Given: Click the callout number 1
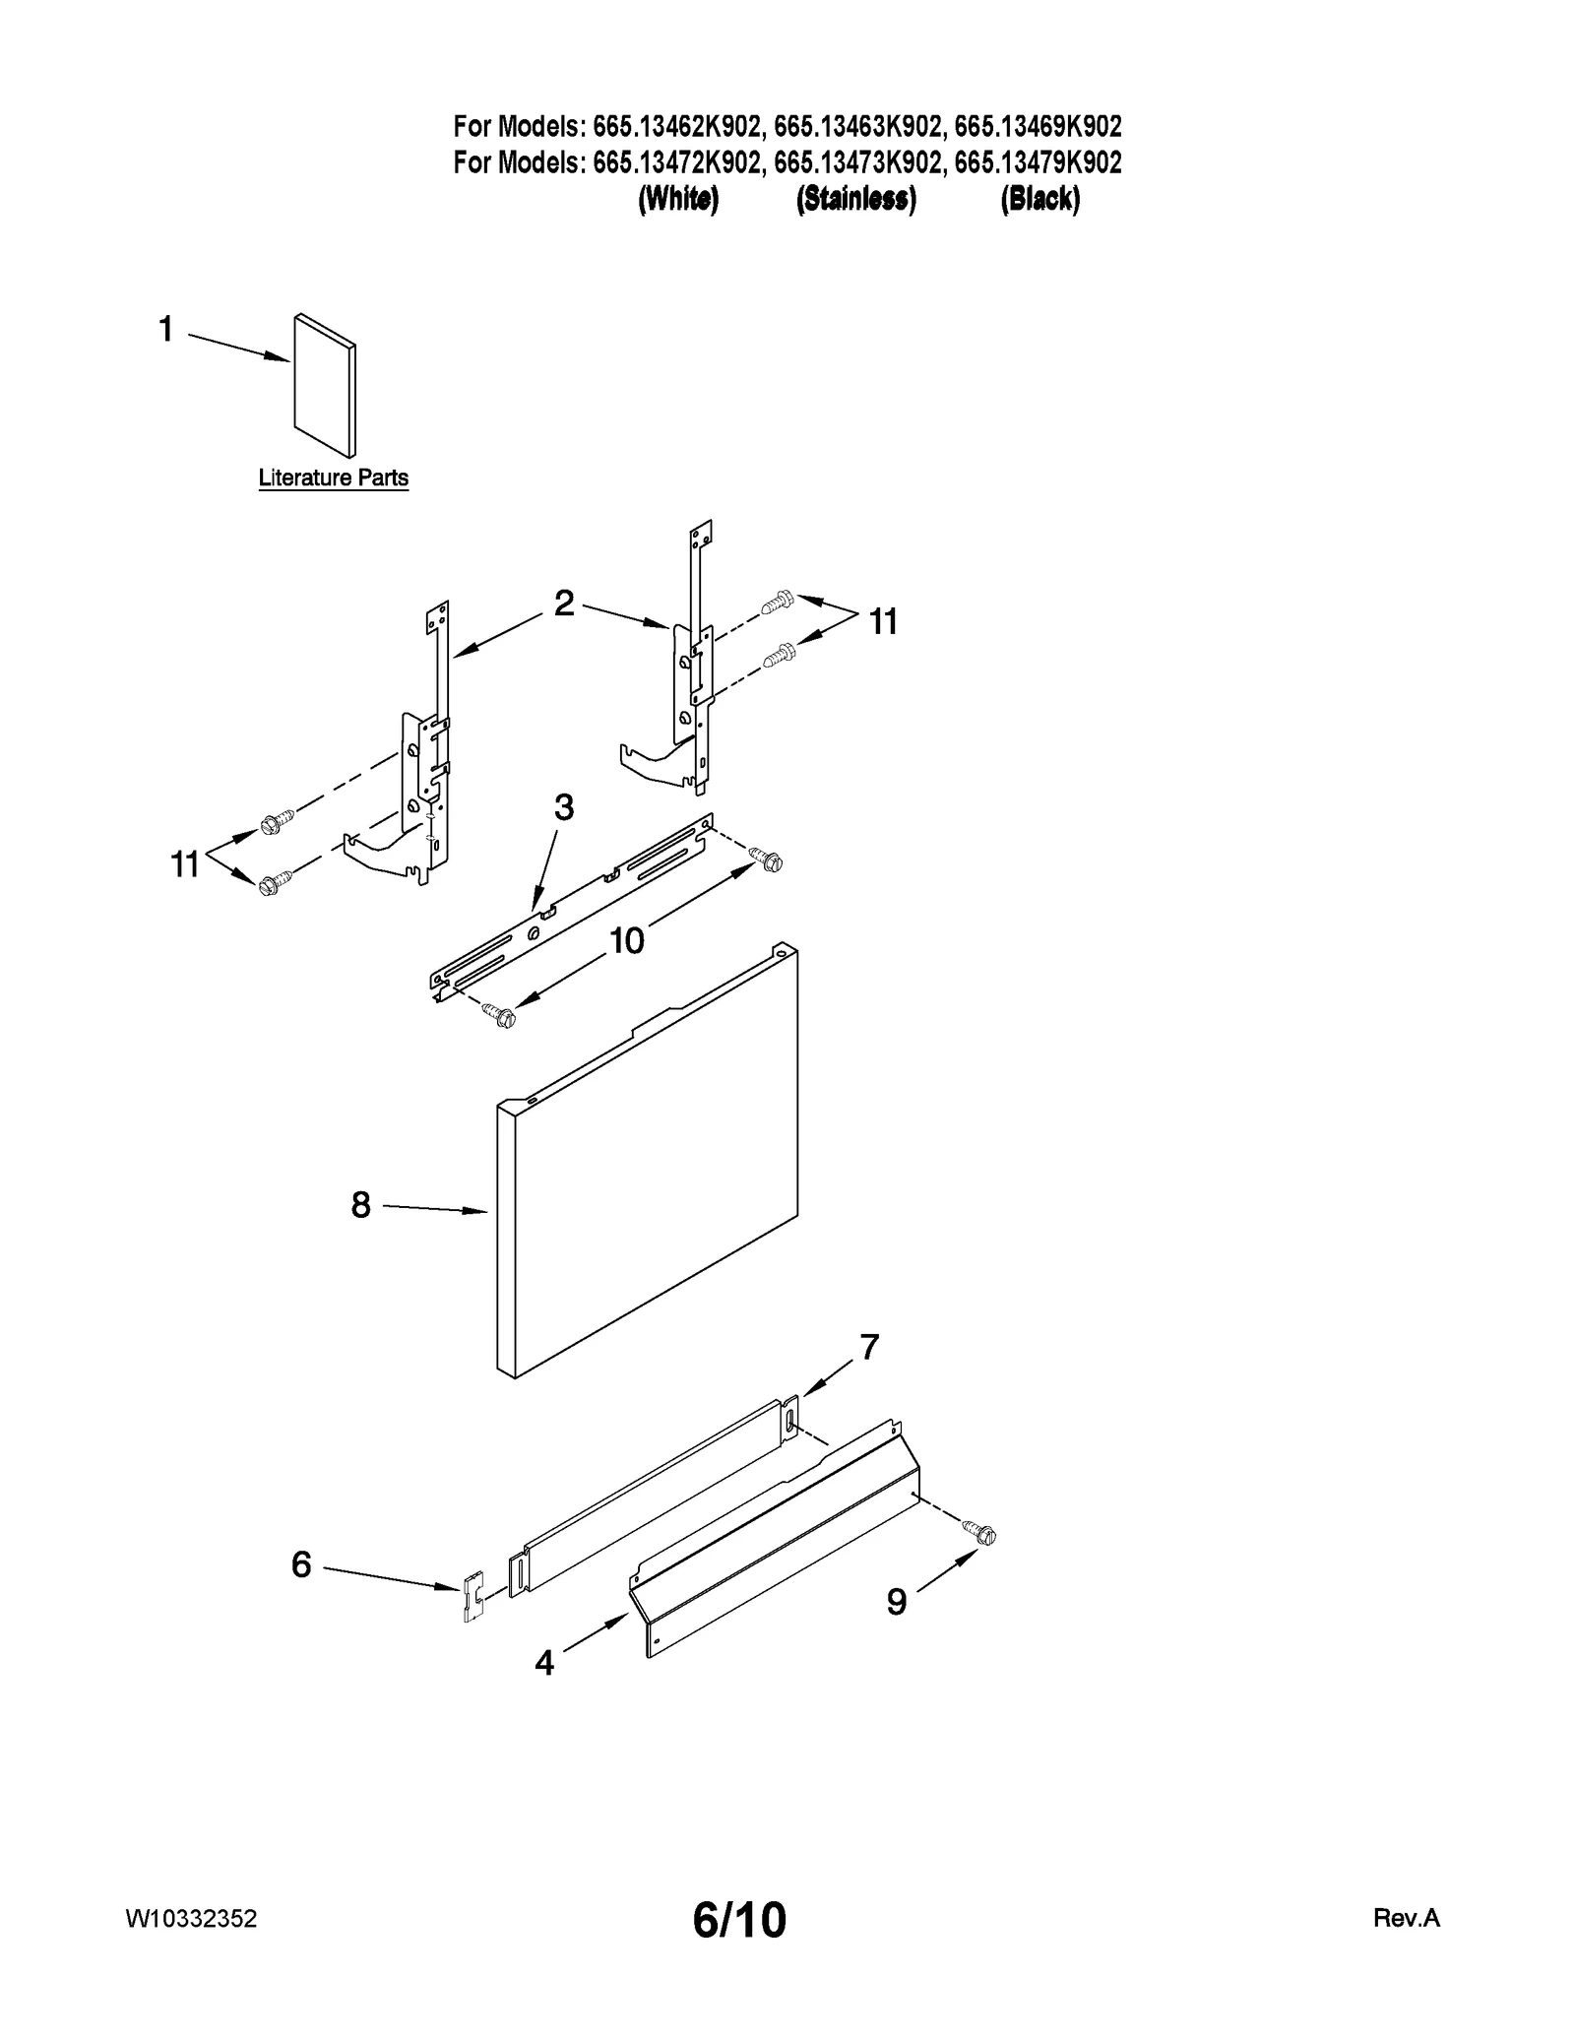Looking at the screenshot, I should point(166,329).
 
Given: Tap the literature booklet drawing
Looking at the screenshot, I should point(325,385).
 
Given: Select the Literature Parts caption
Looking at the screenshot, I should point(333,478).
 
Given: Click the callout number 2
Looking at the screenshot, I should point(564,603).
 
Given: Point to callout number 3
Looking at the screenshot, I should point(563,807).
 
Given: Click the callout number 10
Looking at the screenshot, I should point(626,941).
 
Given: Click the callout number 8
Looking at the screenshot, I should point(361,1204).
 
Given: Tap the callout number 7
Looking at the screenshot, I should point(869,1347).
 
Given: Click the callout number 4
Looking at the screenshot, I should point(544,1663).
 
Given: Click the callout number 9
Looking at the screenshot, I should point(896,1603).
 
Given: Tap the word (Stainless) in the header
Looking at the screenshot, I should point(855,199).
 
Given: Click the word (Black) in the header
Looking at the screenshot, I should point(1039,199).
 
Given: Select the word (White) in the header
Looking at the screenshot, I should point(678,199).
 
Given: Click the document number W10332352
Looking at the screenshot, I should point(192,1918).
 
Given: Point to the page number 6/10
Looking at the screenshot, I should point(739,1920).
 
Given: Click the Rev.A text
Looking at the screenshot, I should point(1406,1918).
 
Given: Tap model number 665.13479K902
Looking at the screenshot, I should point(1038,162).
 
